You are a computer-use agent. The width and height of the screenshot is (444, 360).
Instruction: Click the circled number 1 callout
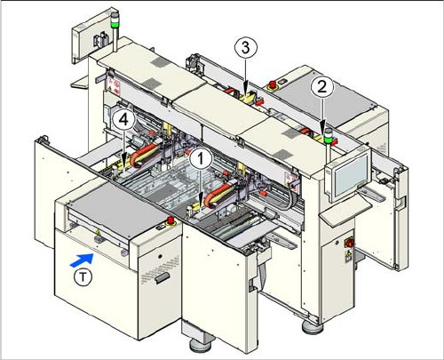point(201,159)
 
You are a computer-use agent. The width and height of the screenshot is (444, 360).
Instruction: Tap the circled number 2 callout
point(321,86)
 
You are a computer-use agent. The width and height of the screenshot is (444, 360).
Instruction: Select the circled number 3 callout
point(245,47)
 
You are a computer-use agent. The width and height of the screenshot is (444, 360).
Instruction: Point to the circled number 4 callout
point(123,120)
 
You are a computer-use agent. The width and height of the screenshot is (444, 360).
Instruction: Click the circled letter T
point(83,277)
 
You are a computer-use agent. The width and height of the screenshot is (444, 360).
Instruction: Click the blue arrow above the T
point(82,260)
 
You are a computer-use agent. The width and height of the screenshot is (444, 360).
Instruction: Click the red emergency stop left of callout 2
point(271,84)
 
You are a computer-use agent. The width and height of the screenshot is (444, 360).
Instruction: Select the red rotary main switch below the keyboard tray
point(349,243)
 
